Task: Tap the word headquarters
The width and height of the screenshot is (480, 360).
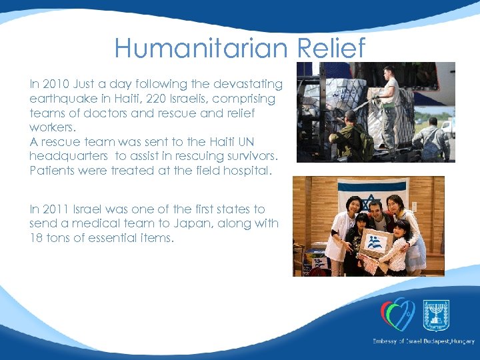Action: coord(69,156)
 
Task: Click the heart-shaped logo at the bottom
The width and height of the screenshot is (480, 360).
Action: coord(397,314)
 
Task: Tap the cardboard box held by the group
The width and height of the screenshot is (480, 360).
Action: coord(375,242)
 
